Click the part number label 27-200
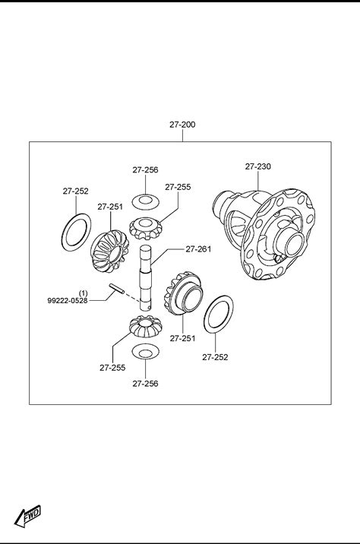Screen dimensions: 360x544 click(182, 125)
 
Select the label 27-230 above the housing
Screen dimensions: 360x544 click(258, 166)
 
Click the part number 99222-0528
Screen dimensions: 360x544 click(68, 300)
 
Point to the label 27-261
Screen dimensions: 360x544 click(198, 249)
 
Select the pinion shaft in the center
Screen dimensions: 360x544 click(146, 277)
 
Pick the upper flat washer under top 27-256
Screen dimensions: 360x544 click(145, 202)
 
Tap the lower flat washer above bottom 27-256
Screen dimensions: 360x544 click(145, 352)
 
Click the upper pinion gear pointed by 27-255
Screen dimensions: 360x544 click(144, 228)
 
